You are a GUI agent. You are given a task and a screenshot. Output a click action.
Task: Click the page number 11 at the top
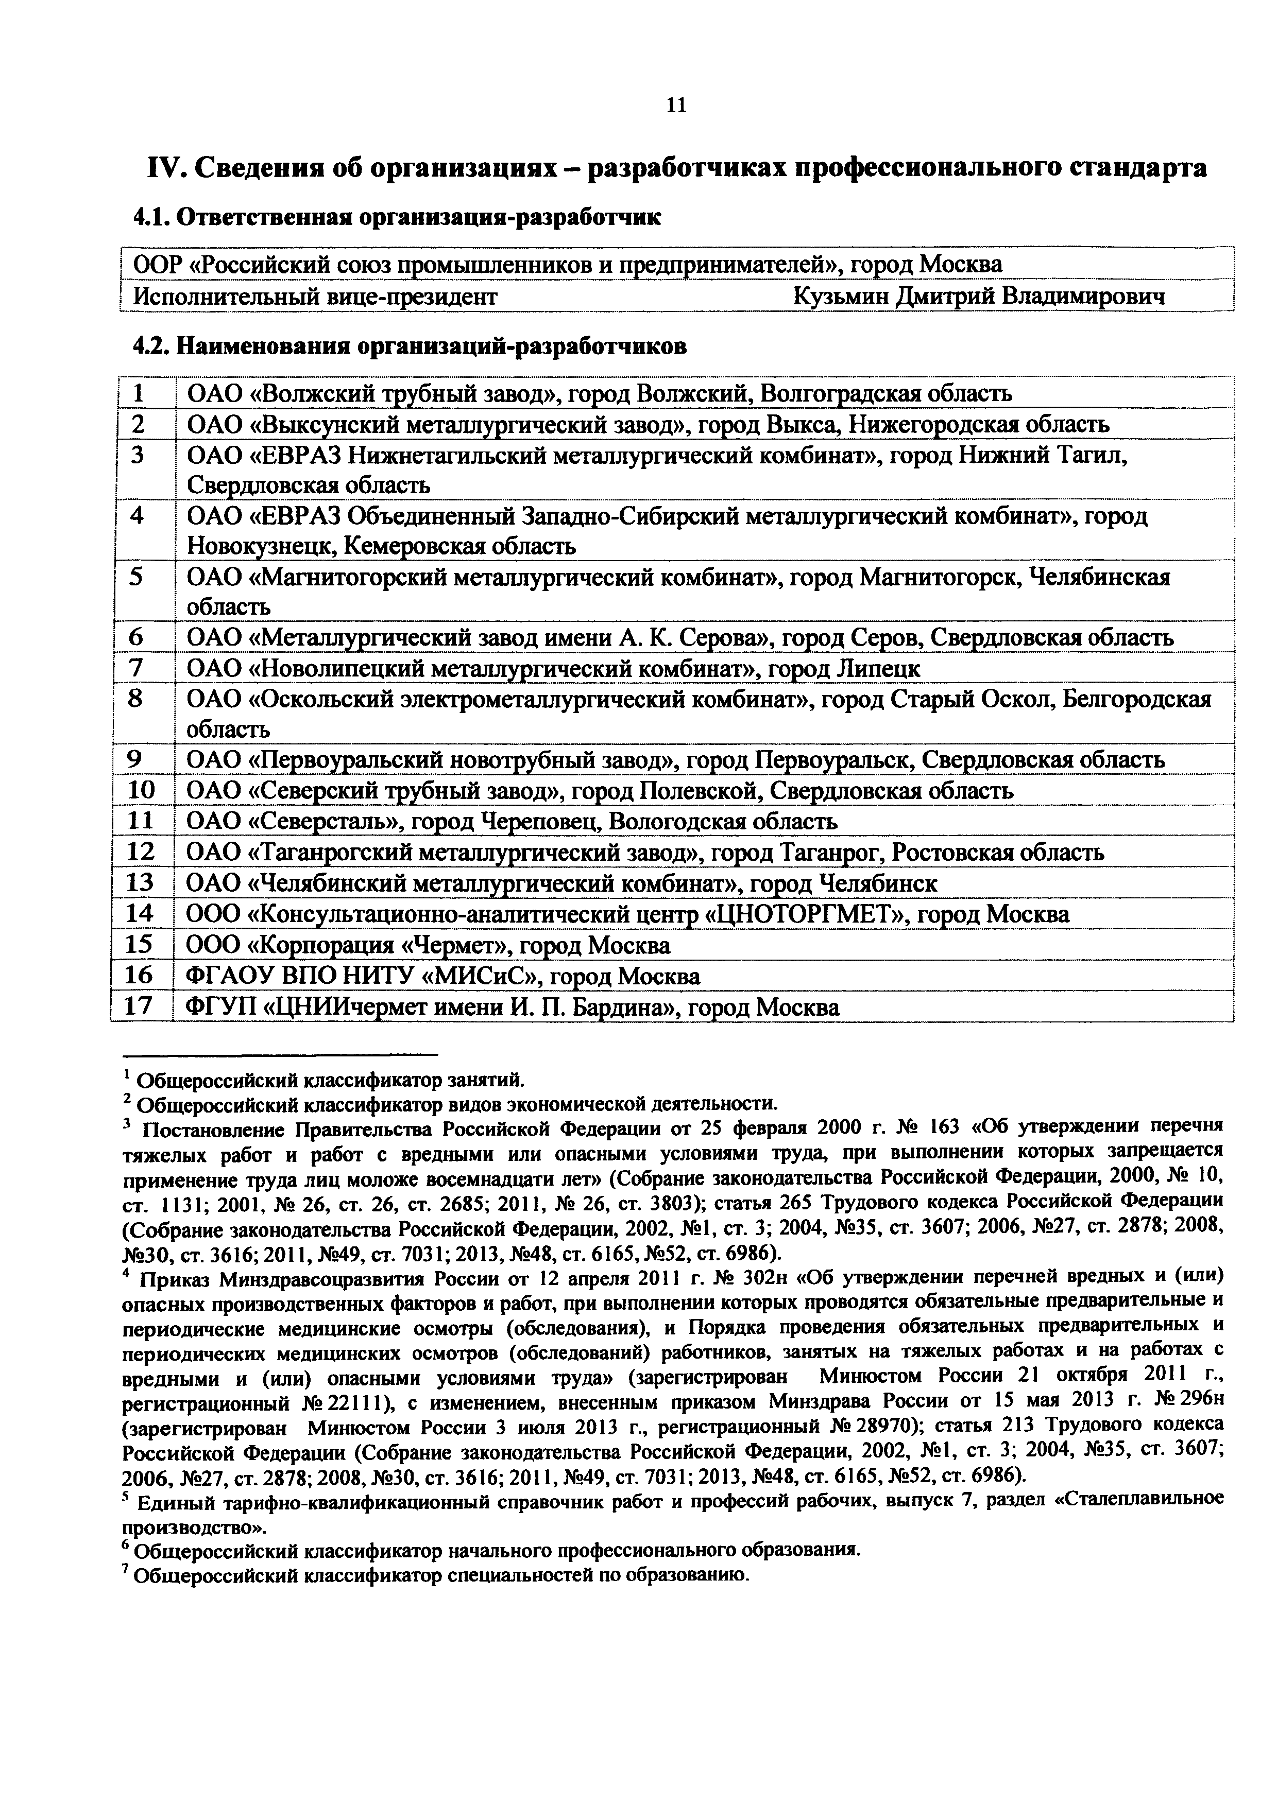pos(676,105)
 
